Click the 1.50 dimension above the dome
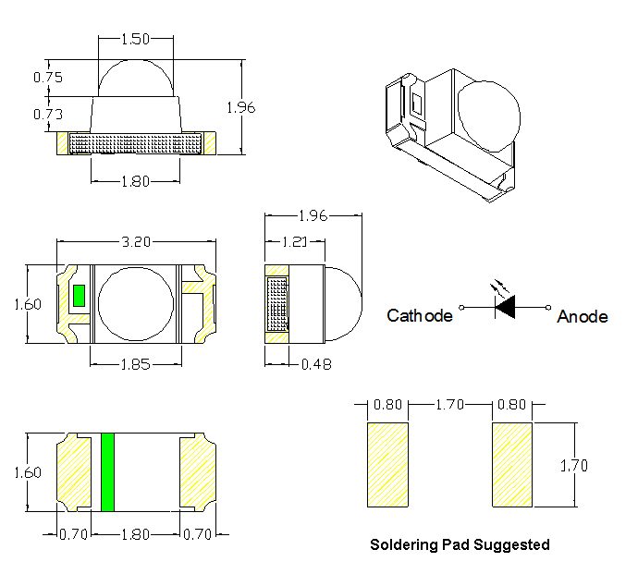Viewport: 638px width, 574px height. tap(136, 40)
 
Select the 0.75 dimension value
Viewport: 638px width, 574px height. tap(47, 78)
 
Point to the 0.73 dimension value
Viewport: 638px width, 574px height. tap(47, 114)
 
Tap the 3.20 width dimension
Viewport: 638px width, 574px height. tap(136, 243)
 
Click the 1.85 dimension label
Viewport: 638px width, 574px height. tap(135, 363)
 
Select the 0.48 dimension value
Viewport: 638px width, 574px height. tap(316, 364)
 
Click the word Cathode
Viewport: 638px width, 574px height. tap(420, 316)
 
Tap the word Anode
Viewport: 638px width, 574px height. tap(583, 317)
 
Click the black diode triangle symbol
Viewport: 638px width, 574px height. tap(505, 307)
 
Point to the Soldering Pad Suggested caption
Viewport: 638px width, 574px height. tap(460, 544)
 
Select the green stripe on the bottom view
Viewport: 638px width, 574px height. tap(107, 471)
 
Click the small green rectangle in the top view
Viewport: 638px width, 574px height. tap(79, 296)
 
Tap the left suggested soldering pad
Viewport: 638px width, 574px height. tap(388, 465)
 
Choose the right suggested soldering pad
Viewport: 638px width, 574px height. tap(512, 465)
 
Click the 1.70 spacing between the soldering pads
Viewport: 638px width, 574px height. tap(449, 405)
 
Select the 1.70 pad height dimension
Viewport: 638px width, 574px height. tap(573, 466)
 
